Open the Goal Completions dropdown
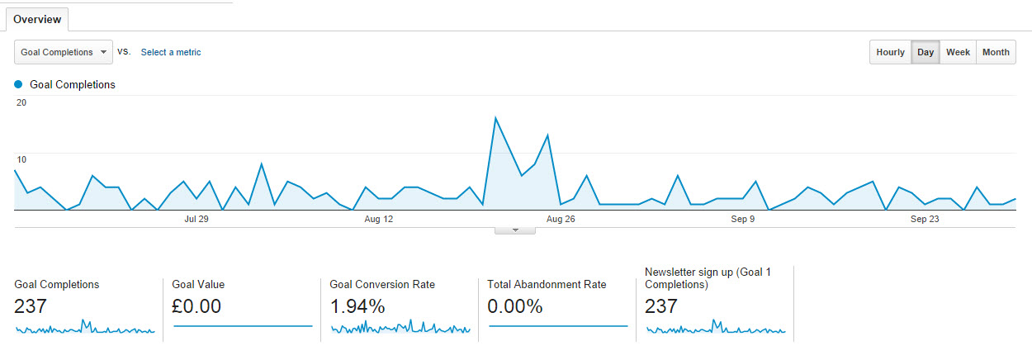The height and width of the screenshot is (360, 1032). coord(64,52)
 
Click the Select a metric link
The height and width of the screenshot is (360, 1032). coord(171,52)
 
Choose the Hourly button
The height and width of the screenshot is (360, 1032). coord(890,52)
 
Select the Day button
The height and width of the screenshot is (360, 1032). coord(925,52)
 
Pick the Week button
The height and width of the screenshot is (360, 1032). coord(958,52)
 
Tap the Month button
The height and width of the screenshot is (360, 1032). coord(996,52)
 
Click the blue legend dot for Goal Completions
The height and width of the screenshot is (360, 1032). coord(18,84)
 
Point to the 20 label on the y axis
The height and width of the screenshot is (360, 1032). coord(21,102)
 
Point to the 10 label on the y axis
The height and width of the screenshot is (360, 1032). coord(21,159)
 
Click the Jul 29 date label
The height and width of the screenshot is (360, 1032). coord(196,220)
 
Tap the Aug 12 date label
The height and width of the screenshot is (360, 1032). coord(378,220)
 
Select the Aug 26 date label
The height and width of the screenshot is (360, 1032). coord(561,220)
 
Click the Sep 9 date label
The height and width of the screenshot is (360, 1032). coord(742,220)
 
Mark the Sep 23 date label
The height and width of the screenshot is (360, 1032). coord(925,220)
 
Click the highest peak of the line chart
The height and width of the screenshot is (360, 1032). coord(495,118)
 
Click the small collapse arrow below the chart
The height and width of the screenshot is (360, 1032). coord(515,230)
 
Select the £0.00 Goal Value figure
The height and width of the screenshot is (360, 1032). coord(196,306)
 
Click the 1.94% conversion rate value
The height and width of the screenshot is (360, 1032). coord(357,306)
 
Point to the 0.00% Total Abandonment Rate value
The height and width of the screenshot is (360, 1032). coord(515,306)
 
